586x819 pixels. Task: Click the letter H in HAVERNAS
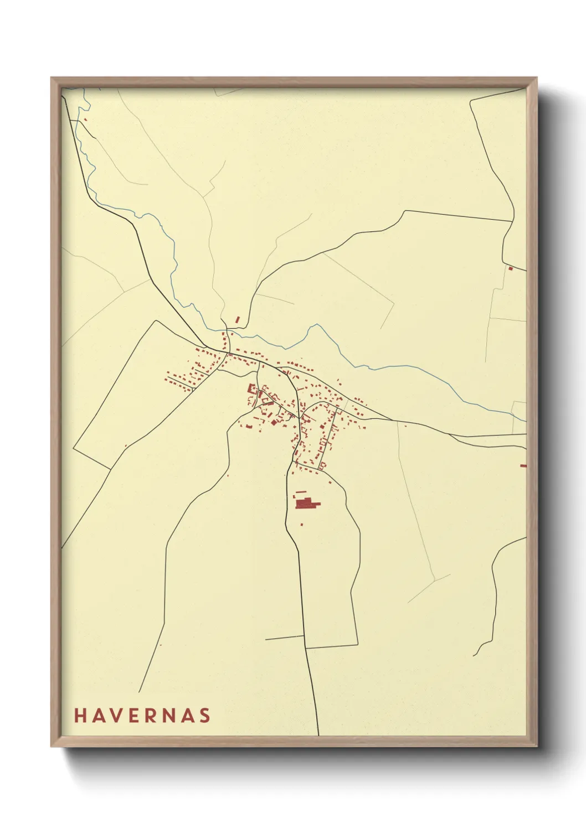(x=79, y=715)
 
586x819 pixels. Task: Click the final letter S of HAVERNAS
(x=205, y=715)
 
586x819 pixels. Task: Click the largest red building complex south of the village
(x=306, y=504)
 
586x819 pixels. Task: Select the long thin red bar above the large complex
(x=301, y=491)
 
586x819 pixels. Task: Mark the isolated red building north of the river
(x=238, y=320)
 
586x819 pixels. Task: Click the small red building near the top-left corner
(x=85, y=118)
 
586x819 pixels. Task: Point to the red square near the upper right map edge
(x=510, y=268)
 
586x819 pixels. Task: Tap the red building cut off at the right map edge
(x=523, y=465)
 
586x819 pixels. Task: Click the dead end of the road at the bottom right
(x=474, y=656)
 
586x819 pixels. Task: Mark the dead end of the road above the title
(x=139, y=692)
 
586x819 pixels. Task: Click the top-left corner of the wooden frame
(x=51, y=77)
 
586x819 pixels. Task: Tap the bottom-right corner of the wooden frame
(x=537, y=747)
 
